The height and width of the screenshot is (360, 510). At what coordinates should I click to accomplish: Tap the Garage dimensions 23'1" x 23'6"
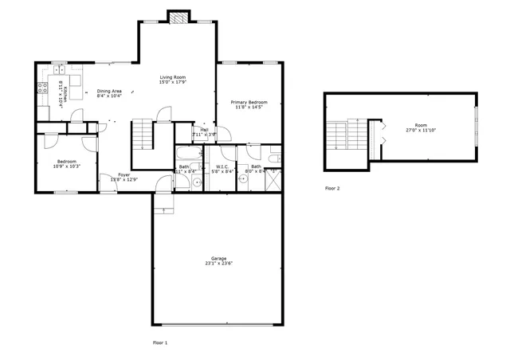[x=218, y=264]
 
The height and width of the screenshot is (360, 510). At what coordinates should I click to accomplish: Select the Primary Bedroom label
[x=249, y=102]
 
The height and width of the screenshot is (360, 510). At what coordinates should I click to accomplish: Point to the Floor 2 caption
[x=332, y=189]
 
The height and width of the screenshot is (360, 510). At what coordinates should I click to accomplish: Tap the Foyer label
[x=124, y=174]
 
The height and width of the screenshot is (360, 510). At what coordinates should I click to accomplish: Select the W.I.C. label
[x=222, y=166]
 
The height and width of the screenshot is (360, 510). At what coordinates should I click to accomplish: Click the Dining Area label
[x=109, y=92]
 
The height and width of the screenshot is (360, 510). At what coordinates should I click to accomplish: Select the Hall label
[x=204, y=129]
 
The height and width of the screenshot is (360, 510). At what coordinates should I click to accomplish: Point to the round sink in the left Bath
[x=197, y=182]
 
